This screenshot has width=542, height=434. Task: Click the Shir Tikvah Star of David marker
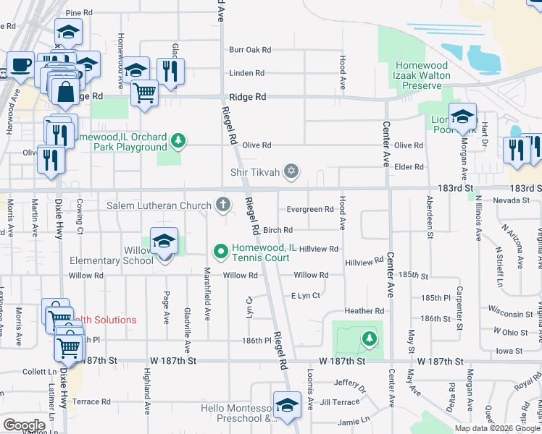pos(291,171)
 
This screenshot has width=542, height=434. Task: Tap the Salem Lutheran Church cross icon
pos(223,206)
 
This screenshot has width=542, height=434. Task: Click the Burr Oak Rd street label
pos(249,50)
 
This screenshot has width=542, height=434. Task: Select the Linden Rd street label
pos(246,73)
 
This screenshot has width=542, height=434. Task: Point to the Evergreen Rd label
pos(309,210)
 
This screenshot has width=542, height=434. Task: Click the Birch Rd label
pos(278,230)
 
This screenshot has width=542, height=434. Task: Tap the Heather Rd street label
pos(364,311)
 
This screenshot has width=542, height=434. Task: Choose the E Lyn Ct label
pos(305,295)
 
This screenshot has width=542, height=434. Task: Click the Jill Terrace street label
pos(339,401)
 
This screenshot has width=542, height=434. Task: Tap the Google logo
pos(24,425)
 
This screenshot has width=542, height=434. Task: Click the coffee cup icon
pos(20,65)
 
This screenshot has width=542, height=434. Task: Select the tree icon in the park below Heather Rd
pos(369,339)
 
